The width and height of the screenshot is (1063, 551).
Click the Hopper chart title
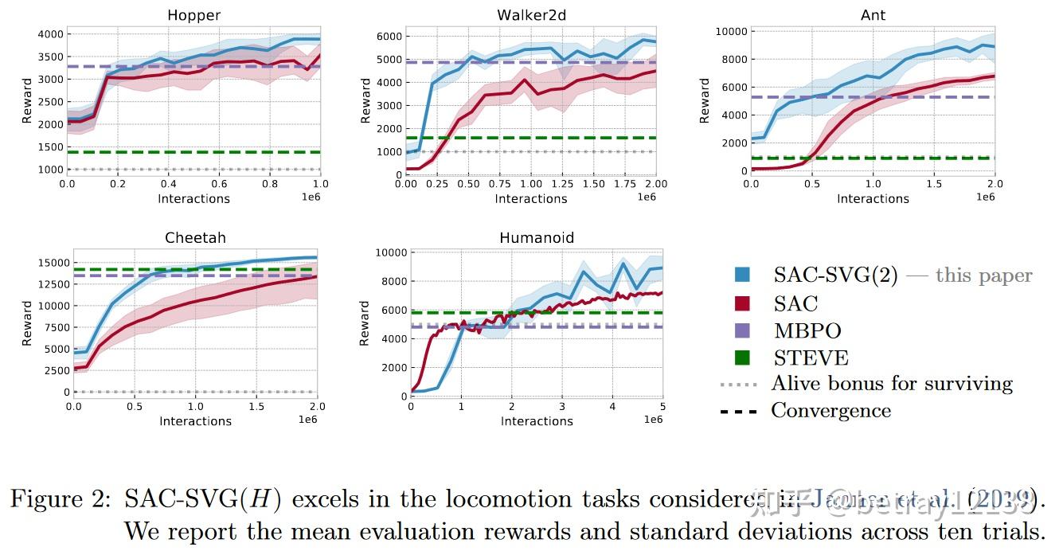pyautogui.click(x=193, y=15)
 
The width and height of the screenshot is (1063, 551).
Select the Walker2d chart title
pyautogui.click(x=531, y=15)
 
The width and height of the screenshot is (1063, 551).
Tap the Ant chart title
pyautogui.click(x=873, y=15)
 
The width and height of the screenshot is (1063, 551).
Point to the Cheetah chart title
pyautogui.click(x=195, y=238)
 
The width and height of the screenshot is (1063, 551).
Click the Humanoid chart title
pyautogui.click(x=537, y=238)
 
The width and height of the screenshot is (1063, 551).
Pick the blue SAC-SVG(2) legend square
pyautogui.click(x=742, y=275)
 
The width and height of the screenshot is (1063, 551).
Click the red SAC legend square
pyautogui.click(x=742, y=303)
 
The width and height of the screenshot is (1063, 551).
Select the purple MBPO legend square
pyautogui.click(x=742, y=330)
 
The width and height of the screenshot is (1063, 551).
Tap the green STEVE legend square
pyautogui.click(x=742, y=358)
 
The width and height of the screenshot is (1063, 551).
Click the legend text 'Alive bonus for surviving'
pyautogui.click(x=892, y=384)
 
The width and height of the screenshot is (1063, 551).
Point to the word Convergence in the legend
pyautogui.click(x=830, y=411)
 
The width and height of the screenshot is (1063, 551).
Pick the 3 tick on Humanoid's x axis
pyautogui.click(x=562, y=407)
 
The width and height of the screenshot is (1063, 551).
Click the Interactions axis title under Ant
pyautogui.click(x=873, y=199)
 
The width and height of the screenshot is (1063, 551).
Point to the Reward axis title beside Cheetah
pyautogui.click(x=27, y=322)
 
